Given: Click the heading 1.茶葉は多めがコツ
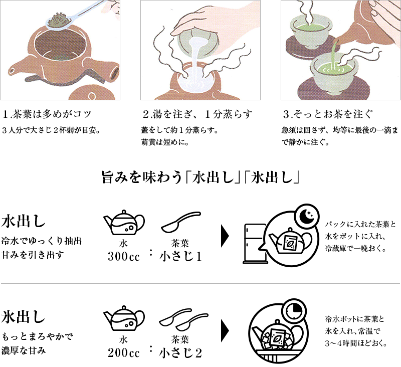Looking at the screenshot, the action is tap(47, 114).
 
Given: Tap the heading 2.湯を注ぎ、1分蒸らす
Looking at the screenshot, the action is tap(197, 114).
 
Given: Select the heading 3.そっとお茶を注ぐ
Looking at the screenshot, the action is tap(328, 114).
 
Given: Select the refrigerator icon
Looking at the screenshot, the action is tap(255, 244).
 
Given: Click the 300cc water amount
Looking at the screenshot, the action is tap(123, 257).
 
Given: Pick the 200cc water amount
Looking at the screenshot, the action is tap(123, 353).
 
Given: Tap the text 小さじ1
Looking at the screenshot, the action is tap(180, 257).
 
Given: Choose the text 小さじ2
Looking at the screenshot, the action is tap(180, 353).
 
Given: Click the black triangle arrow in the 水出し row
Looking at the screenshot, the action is tap(225, 236).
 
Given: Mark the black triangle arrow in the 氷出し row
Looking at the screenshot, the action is tap(225, 331).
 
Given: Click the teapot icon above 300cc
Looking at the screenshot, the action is tap(124, 223).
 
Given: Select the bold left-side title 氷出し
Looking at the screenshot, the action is tap(23, 317).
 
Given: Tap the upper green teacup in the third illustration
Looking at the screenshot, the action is tap(308, 30).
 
